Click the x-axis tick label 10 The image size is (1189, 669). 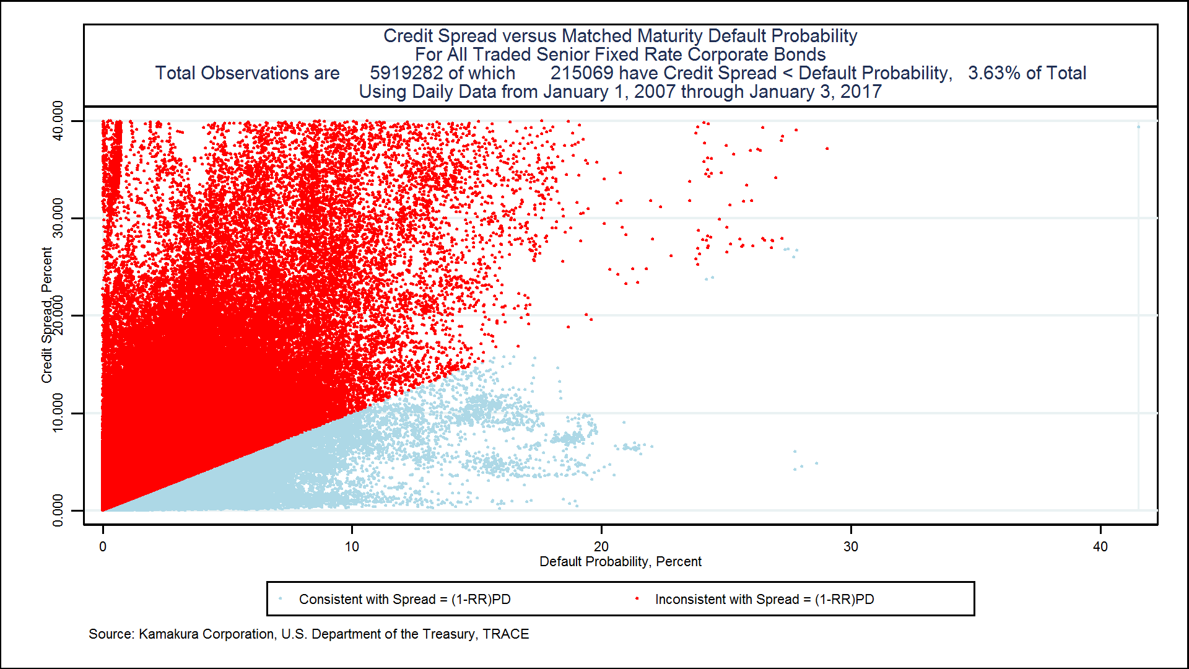(x=352, y=546)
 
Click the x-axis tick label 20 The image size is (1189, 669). (x=601, y=546)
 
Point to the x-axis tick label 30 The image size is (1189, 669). (x=851, y=546)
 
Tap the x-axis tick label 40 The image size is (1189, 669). (x=1100, y=546)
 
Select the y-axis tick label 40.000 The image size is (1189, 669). (x=58, y=121)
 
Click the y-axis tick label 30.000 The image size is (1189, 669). (x=58, y=218)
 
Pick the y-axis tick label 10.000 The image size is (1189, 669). (x=58, y=413)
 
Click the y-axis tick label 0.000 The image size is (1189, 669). (x=58, y=510)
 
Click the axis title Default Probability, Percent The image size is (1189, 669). (x=620, y=561)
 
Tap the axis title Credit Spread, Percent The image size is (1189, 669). (x=46, y=315)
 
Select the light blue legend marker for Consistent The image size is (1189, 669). (x=281, y=598)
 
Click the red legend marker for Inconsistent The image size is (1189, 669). (x=637, y=598)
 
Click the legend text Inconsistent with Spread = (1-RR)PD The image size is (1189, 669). (x=764, y=599)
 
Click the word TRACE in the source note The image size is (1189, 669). (x=506, y=634)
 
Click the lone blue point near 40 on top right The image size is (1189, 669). (x=1138, y=127)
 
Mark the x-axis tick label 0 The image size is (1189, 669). (x=103, y=546)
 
